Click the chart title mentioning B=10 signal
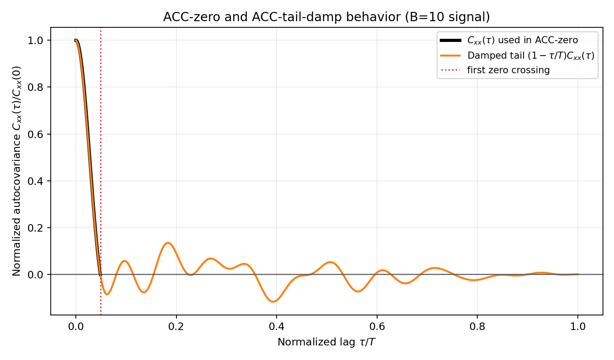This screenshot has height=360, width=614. [x=326, y=17]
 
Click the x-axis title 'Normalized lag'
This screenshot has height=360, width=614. [x=326, y=342]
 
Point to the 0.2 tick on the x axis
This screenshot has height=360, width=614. [x=176, y=327]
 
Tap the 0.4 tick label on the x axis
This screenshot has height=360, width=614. [x=277, y=327]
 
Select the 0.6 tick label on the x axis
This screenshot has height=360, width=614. [x=377, y=327]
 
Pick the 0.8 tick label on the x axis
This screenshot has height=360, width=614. [x=477, y=327]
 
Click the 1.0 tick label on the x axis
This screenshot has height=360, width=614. [x=578, y=327]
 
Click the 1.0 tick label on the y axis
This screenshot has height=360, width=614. [x=39, y=41]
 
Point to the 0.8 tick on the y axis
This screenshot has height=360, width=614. [x=39, y=87]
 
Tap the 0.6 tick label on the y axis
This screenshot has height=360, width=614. [x=39, y=134]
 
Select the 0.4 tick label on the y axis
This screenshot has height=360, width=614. [x=39, y=181]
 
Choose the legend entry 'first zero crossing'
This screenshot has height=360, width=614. [x=509, y=70]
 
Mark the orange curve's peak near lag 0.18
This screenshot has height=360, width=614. [x=168, y=243]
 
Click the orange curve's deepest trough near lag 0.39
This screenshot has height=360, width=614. [x=274, y=302]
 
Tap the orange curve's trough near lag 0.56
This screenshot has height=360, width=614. [x=358, y=291]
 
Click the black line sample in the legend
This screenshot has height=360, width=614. [x=450, y=40]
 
